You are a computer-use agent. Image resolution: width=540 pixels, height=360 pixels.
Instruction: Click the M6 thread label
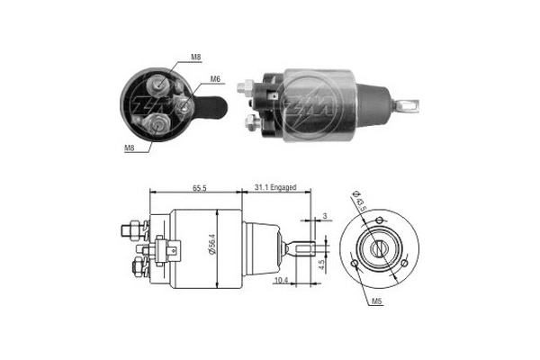click(216, 78)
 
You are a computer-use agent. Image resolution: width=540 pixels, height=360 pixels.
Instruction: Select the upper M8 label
click(196, 58)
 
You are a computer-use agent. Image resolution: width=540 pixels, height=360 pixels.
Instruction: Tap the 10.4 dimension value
click(280, 282)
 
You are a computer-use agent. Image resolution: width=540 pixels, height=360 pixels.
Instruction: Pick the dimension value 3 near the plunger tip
click(324, 216)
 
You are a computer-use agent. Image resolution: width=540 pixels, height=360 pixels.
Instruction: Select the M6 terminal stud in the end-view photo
click(183, 105)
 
